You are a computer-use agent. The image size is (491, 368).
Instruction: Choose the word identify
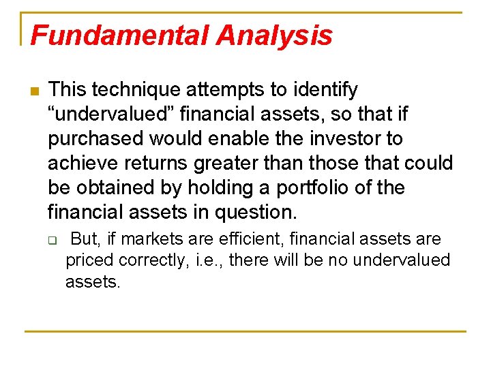325,90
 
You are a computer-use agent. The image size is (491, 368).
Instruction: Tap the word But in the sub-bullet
84,240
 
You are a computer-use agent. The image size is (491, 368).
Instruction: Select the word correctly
149,260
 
